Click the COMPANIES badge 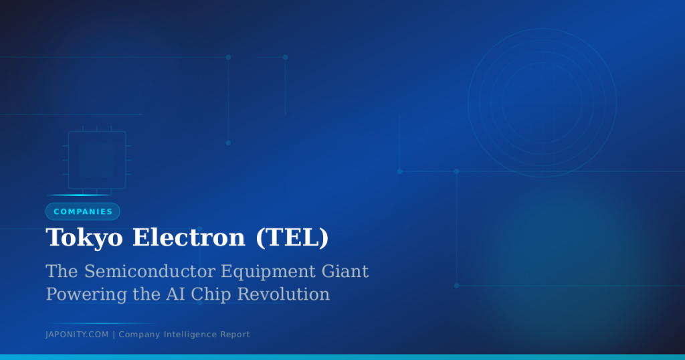click(x=82, y=211)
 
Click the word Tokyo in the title click(x=84, y=238)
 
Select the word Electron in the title click(x=189, y=238)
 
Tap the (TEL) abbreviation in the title click(x=292, y=238)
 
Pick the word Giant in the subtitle click(x=345, y=271)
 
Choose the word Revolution click(x=283, y=294)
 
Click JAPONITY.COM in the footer click(x=77, y=335)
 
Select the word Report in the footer click(x=235, y=335)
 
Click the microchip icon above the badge click(x=97, y=159)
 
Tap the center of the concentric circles click(x=542, y=103)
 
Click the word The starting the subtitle click(x=62, y=271)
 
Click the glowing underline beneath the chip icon click(x=80, y=195)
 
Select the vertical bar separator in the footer click(x=114, y=335)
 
